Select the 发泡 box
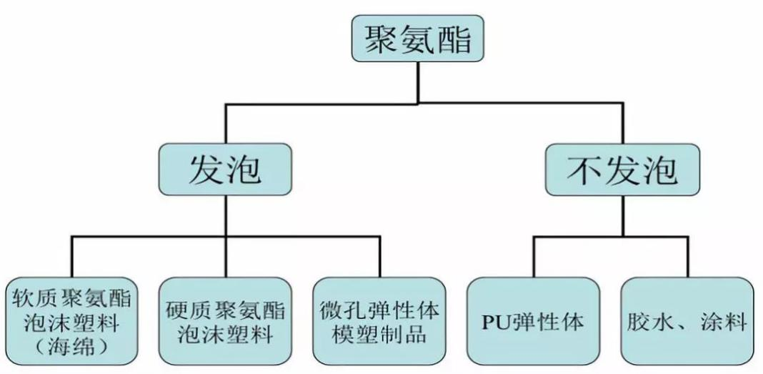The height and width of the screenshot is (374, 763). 225,170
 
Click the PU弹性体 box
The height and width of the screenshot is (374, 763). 532,321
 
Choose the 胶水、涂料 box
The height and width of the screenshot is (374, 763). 687,321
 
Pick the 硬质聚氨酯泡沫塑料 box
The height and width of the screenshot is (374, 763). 225,321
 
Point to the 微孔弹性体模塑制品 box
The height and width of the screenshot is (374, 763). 380,321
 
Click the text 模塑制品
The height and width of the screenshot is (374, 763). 380,334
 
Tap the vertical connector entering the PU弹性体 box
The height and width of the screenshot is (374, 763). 532,257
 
